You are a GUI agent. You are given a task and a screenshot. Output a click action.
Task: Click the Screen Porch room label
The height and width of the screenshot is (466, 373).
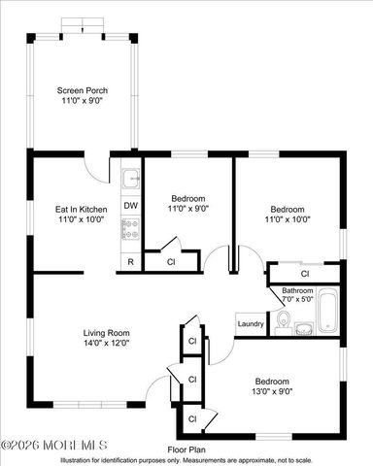point(83,90)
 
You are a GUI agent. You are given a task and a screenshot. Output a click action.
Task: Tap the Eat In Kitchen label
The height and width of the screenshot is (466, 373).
point(81,208)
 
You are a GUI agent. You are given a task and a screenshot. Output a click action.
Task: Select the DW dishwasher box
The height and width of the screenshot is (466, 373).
point(130,206)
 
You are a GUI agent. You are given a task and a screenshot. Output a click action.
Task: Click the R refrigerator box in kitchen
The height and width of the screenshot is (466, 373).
point(130,262)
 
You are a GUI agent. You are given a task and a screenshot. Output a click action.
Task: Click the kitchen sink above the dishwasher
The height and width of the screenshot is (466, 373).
point(130,179)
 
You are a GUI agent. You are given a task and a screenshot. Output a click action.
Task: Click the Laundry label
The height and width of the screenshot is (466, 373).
point(251,324)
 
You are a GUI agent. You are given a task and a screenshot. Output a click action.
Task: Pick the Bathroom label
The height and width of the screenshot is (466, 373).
point(297,290)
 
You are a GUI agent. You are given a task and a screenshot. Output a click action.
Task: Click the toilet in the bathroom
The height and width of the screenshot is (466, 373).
point(284,319)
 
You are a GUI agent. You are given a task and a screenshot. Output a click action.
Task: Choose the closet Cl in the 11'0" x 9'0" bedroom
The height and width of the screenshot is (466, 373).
point(171,262)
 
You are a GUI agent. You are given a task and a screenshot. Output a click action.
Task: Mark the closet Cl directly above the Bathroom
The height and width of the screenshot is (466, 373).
point(305,275)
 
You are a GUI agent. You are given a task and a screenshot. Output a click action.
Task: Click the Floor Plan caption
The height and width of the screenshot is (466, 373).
point(186,449)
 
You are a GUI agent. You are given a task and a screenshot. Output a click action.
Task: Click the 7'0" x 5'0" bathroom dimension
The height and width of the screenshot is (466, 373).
point(297,300)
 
